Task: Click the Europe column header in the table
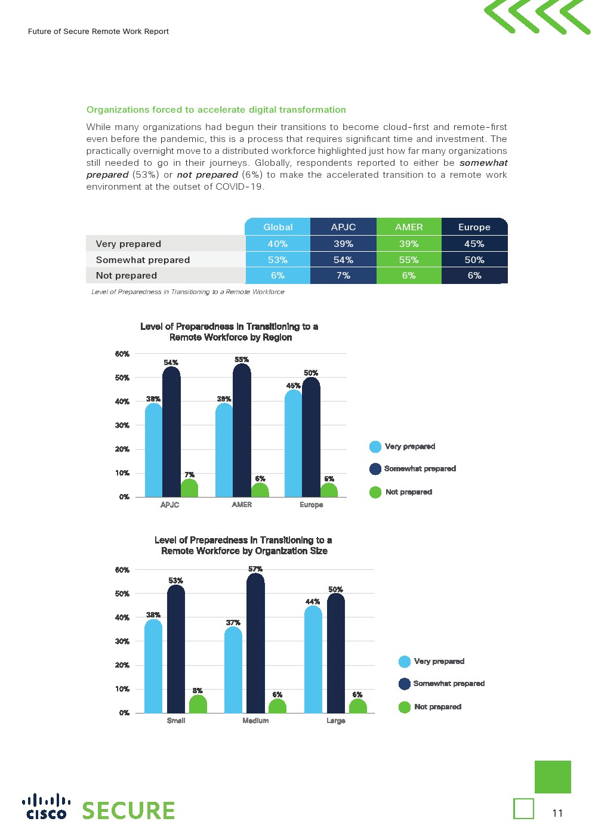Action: [x=474, y=227]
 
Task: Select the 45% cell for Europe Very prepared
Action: [x=474, y=243]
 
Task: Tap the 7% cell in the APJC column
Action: [x=343, y=275]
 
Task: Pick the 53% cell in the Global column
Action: [x=277, y=260]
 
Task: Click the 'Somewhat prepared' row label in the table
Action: [x=143, y=260]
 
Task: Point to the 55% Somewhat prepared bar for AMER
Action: [x=242, y=430]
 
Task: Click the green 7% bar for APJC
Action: [x=189, y=489]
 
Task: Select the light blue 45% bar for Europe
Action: [x=293, y=444]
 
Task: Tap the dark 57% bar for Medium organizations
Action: [x=255, y=644]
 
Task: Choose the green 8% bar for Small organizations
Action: [x=198, y=705]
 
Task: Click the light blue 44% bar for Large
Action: [x=313, y=659]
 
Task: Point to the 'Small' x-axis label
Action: [x=176, y=721]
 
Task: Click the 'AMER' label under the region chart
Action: [x=242, y=505]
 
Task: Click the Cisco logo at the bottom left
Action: [x=46, y=807]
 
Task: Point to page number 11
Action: [x=557, y=813]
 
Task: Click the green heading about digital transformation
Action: [x=216, y=110]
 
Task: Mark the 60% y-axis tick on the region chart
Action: [x=122, y=354]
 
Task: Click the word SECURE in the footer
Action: [x=128, y=811]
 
